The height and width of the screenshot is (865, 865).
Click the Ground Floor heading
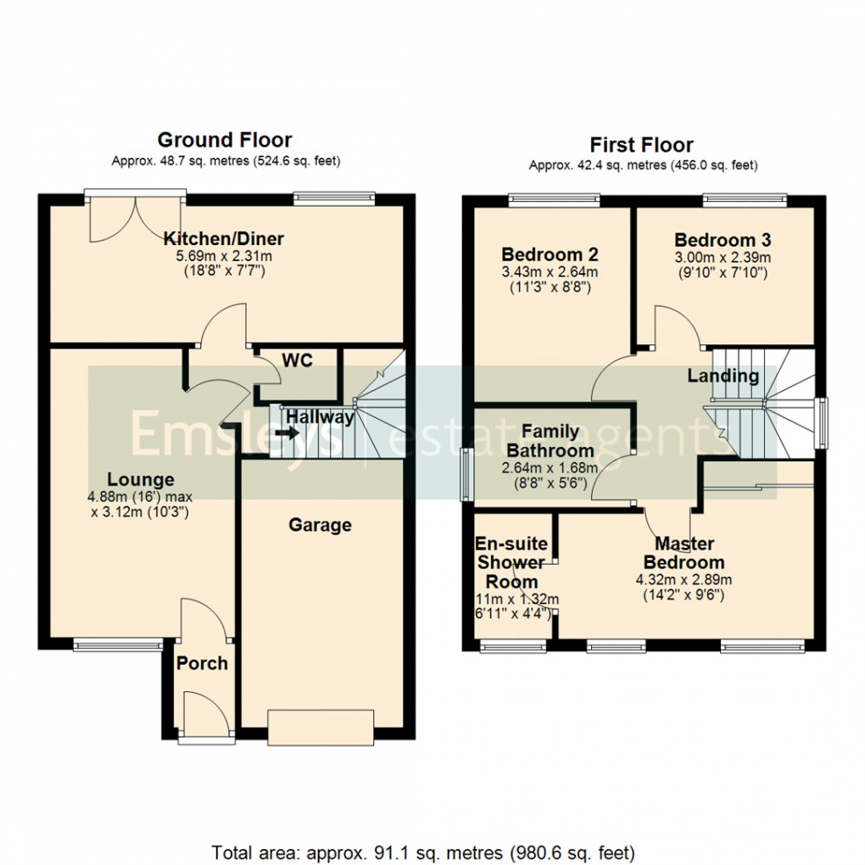click(225, 140)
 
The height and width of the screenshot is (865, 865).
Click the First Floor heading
click(641, 145)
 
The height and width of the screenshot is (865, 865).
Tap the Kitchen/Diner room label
click(224, 238)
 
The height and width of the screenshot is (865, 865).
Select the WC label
click(297, 360)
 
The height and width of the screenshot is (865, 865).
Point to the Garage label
click(320, 525)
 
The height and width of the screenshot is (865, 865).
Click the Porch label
click(202, 662)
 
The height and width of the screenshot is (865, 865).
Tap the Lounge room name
click(140, 479)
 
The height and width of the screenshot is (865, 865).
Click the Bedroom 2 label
click(550, 254)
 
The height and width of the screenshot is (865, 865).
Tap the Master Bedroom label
click(684, 552)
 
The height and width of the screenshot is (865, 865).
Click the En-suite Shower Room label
click(512, 562)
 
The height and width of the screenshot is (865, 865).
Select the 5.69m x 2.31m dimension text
click(224, 256)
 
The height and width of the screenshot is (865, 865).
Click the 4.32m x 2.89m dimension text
click(684, 580)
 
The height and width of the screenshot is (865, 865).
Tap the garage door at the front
click(320, 726)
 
